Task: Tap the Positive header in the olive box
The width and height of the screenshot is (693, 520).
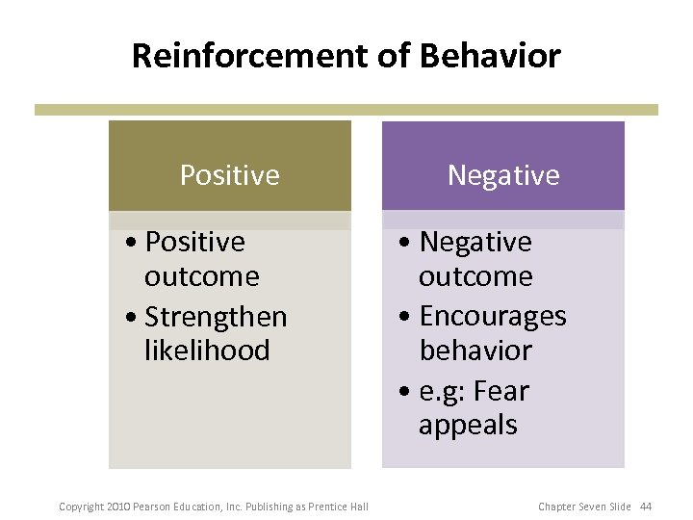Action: click(x=229, y=175)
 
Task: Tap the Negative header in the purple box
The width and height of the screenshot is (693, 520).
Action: click(x=502, y=175)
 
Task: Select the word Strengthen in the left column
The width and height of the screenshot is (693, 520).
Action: click(x=216, y=316)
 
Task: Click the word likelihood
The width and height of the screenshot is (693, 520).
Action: click(x=207, y=351)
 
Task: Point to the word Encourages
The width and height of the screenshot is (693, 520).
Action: click(x=493, y=316)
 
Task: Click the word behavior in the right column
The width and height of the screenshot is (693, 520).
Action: click(x=475, y=351)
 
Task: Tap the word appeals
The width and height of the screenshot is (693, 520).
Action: click(x=468, y=425)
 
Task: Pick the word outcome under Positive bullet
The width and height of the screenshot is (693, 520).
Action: click(x=202, y=276)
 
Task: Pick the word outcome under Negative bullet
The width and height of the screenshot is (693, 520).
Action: click(x=475, y=276)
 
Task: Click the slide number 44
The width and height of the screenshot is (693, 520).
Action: click(x=645, y=507)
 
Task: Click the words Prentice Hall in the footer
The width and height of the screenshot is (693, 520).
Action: click(x=338, y=507)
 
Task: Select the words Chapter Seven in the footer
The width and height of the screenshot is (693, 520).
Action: click(x=573, y=507)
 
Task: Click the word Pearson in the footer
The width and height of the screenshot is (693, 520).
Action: click(x=151, y=507)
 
